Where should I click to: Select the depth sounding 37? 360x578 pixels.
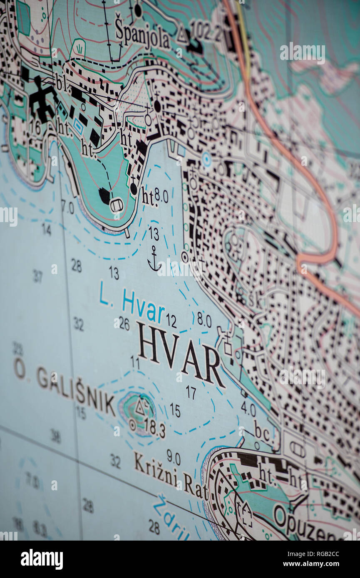[38, 276]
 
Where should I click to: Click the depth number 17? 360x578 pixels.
[191, 392]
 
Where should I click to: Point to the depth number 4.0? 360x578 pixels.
[248, 410]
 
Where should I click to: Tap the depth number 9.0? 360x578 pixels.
[174, 457]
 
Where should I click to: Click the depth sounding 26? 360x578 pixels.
[124, 323]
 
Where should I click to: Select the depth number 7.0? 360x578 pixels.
[67, 207]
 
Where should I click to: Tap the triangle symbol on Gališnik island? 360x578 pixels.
[140, 408]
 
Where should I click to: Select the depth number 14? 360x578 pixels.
[46, 229]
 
